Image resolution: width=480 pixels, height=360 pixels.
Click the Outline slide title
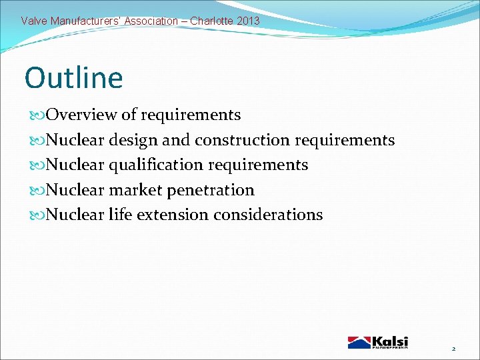point(74,77)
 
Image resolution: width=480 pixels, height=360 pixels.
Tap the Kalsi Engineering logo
point(377,342)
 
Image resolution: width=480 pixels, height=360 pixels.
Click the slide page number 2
point(453,349)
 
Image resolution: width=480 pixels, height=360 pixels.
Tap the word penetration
point(211,190)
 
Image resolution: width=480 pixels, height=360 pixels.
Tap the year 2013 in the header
point(248,21)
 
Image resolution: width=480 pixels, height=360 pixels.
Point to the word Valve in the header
point(33,21)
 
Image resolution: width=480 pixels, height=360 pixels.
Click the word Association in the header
point(151,21)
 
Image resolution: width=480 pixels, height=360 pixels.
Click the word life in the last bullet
point(118,215)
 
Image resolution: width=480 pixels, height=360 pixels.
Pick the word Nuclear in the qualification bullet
point(75,165)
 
